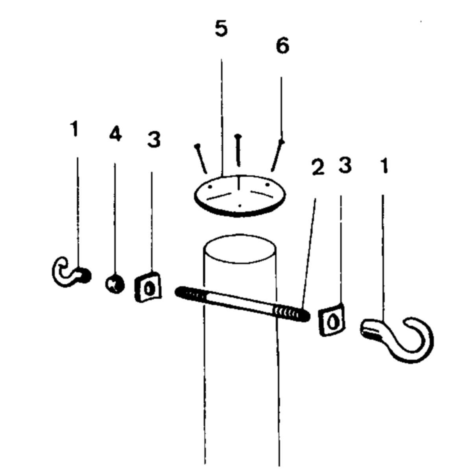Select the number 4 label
click(115, 135)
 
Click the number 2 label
click(317, 168)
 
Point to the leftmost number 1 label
click(74, 129)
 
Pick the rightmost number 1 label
click(384, 166)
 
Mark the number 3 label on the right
click(345, 166)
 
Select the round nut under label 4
click(114, 283)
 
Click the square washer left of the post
click(148, 287)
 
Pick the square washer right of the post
click(331, 320)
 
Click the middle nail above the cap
click(238, 149)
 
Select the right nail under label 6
click(277, 156)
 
